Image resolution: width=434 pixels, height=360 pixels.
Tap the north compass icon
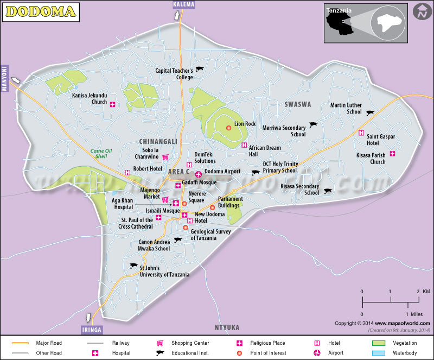point(421,12)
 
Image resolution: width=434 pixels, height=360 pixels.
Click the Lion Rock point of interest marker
point(228,128)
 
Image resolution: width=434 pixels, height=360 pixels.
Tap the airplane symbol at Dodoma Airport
point(199,174)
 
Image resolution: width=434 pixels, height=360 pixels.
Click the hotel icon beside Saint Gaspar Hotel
point(361,133)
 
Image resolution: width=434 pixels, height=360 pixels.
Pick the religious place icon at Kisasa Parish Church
point(392,154)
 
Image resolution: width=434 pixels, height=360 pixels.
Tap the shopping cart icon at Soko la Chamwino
point(165,157)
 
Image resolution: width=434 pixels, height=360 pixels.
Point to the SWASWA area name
point(297,104)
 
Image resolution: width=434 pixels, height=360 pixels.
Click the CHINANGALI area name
point(158,141)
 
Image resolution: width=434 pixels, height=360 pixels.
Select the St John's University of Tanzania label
point(164,271)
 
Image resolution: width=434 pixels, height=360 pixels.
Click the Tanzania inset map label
point(338,10)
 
